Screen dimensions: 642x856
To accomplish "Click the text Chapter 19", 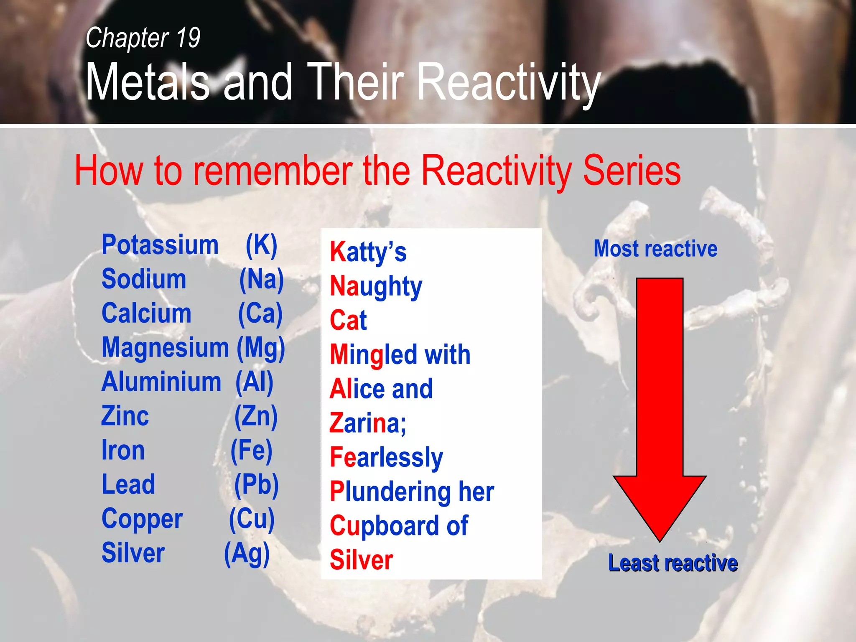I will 143,38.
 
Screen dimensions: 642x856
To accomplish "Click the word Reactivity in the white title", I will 509,82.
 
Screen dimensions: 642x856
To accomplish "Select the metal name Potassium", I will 160,245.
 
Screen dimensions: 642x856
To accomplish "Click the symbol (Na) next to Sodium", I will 261,279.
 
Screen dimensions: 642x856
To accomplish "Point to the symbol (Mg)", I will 261,348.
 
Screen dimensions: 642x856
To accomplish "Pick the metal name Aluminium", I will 161,382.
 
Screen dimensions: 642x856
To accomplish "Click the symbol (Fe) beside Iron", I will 252,451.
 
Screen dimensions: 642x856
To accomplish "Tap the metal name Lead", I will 128,485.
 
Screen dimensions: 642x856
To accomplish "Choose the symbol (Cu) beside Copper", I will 252,519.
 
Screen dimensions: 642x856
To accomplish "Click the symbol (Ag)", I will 247,553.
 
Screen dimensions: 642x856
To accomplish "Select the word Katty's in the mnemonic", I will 368,252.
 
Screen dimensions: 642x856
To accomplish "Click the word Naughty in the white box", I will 376,287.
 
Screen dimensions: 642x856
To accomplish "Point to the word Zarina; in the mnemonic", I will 367,423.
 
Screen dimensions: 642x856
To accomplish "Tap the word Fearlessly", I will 386,458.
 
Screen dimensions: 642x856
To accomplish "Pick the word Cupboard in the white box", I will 385,526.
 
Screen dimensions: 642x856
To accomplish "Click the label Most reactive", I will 655,249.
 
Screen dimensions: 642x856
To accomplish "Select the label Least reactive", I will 673,563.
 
